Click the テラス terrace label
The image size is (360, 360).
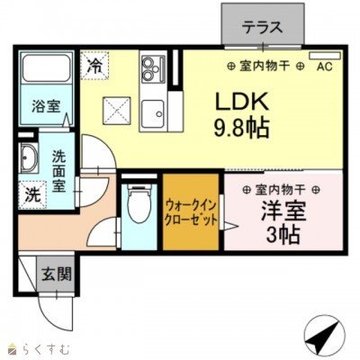click(x=263, y=27)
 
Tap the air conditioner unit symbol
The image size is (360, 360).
click(x=321, y=56)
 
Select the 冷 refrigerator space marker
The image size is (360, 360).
click(x=94, y=65)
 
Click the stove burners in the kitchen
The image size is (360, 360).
click(x=150, y=67)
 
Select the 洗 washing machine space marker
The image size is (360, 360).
click(x=31, y=193)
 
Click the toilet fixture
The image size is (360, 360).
click(x=138, y=205)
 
